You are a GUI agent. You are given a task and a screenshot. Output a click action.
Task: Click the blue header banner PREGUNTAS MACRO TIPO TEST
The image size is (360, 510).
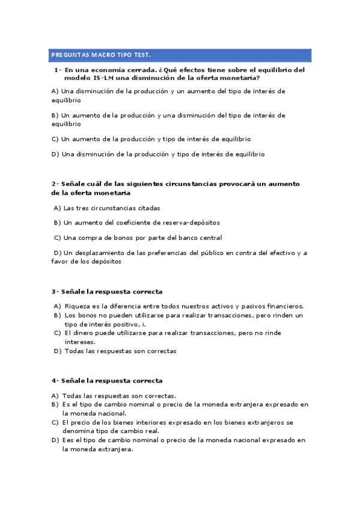coord(180,55)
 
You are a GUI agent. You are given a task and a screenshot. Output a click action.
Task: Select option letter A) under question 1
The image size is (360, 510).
coord(55,91)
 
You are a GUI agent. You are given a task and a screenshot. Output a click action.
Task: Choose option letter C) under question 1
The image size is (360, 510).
coord(55,139)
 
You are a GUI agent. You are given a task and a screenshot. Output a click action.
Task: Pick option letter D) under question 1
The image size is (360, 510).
coord(55,154)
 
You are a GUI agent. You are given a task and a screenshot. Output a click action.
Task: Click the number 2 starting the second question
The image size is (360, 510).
coord(53,183)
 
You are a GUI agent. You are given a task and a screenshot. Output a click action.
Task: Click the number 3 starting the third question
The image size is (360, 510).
coord(53,292)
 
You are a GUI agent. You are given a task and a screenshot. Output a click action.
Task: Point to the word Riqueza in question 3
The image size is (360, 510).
coord(76,306)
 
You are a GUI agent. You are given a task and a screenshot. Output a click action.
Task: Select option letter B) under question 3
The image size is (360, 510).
coord(57,315)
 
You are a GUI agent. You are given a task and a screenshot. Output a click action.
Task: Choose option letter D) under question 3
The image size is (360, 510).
coord(57,351)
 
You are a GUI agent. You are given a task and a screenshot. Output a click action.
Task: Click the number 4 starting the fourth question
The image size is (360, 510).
coord(53,381)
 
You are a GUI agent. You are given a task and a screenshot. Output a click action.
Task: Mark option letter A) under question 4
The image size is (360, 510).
coord(55,396)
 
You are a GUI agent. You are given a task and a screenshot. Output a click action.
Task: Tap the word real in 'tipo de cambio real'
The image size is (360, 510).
coord(151,431)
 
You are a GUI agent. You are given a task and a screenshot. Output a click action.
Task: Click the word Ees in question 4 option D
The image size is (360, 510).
coord(69,440)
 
